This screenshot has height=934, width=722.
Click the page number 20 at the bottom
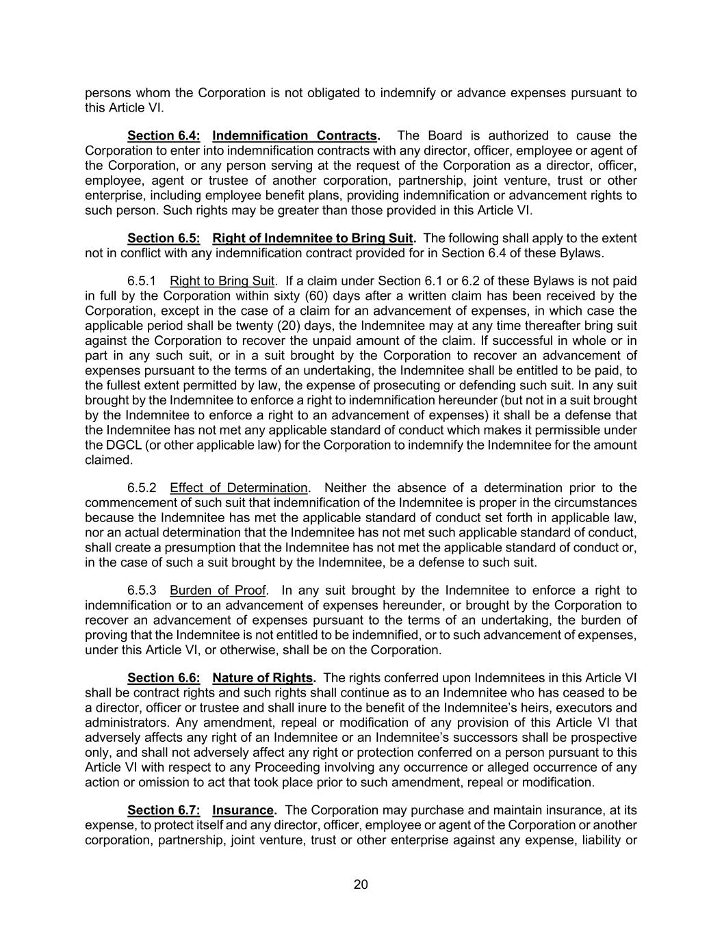361,885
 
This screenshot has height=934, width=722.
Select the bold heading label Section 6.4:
164,135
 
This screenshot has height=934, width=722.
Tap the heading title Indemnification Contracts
295,135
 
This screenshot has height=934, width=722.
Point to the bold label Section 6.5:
164,238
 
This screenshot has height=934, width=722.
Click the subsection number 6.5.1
142,281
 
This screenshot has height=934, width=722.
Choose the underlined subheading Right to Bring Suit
222,281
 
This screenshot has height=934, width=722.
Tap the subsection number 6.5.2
142,488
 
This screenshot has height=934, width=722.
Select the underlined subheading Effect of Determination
239,488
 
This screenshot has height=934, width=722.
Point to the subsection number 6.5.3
142,591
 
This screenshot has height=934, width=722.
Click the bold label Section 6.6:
164,678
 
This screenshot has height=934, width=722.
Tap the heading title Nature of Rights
263,678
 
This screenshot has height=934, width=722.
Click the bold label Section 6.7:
164,810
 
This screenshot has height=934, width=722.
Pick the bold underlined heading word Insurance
243,810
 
